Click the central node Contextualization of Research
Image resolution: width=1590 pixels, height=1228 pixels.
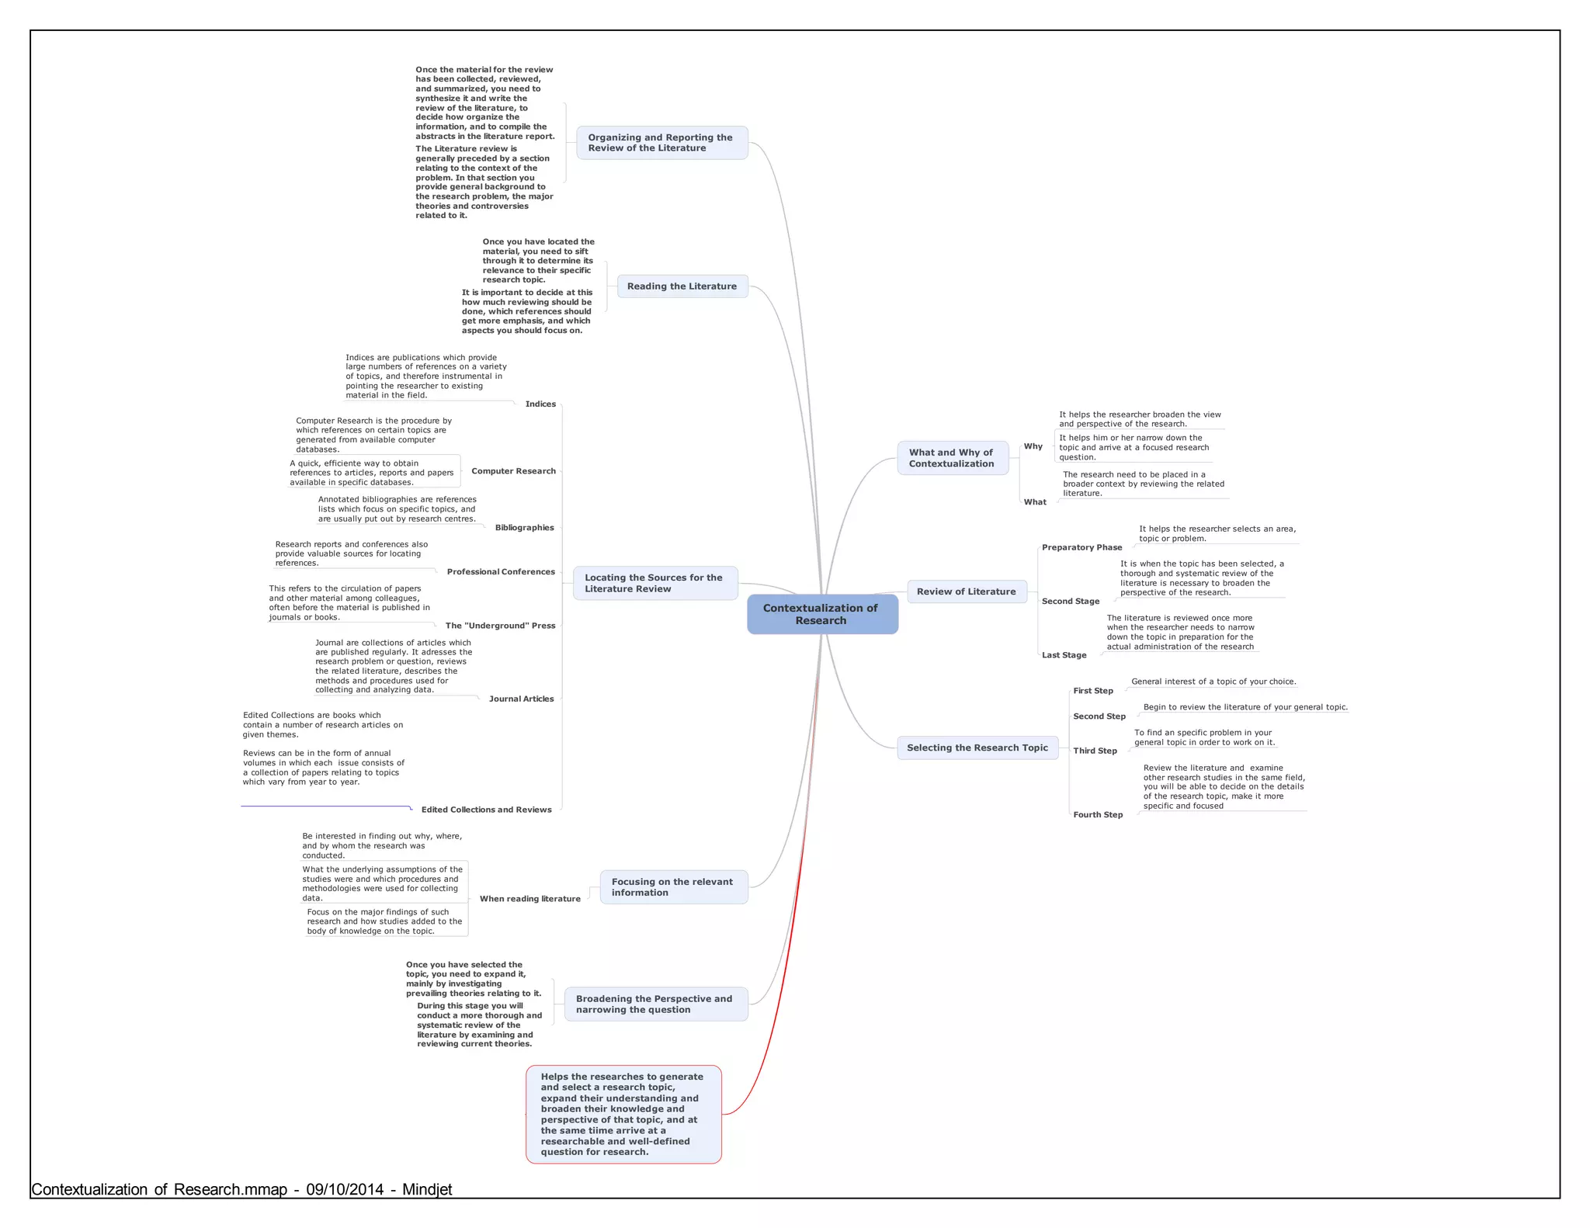821,614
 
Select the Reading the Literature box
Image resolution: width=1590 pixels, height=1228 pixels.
682,286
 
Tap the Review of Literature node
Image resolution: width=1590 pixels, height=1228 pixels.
966,591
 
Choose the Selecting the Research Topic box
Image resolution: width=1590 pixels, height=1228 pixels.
977,748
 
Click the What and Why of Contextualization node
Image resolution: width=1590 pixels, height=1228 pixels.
952,458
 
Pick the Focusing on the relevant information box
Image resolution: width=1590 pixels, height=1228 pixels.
672,887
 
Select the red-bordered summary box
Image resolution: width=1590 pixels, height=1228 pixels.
623,1114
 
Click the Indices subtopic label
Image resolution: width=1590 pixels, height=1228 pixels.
540,404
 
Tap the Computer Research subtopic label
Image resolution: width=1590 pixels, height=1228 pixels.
513,471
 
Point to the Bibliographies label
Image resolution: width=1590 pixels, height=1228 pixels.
524,528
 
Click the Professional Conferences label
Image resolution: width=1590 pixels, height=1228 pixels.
501,572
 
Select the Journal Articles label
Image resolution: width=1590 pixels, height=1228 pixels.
521,699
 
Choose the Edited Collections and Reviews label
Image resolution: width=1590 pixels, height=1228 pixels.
486,810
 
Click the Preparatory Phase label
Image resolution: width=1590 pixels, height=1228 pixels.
1081,548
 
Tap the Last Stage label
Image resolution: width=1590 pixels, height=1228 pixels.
1064,655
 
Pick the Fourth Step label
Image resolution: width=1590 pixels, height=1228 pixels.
1097,815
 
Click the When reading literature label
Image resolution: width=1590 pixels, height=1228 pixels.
529,899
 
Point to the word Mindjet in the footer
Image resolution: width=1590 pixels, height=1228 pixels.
426,1189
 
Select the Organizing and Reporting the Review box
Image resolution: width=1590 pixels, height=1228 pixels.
661,143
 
